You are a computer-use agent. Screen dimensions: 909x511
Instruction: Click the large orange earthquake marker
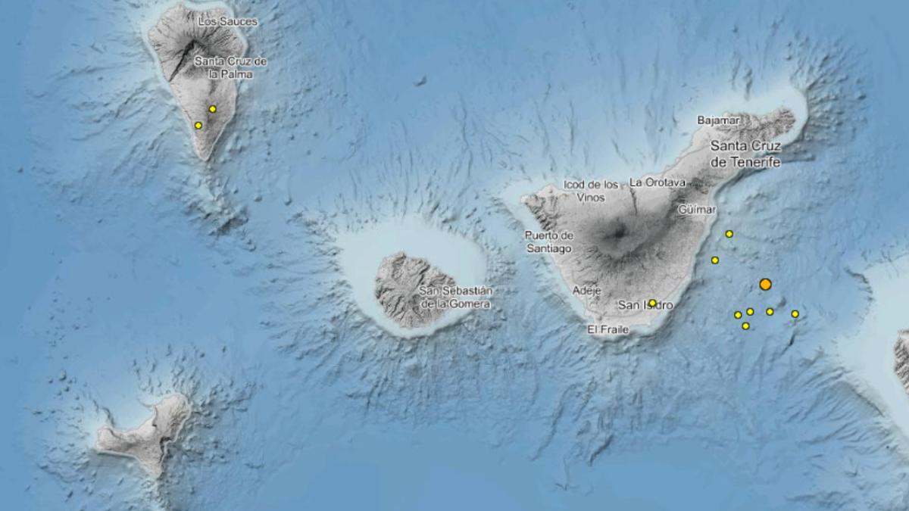pos(765,285)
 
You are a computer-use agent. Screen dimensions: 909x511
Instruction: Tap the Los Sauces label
pos(227,23)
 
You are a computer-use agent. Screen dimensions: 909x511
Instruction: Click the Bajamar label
pos(717,120)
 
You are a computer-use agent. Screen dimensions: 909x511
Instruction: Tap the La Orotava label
pos(657,182)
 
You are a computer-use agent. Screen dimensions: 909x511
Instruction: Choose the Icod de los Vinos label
pos(592,191)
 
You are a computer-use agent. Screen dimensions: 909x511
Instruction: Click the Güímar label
pos(698,207)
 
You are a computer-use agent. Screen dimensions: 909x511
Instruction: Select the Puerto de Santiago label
pos(549,241)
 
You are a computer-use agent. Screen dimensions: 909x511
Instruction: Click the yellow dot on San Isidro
pos(652,303)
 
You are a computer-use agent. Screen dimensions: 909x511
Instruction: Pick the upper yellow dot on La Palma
pos(213,109)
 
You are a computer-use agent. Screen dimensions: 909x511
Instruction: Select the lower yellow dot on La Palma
pos(198,126)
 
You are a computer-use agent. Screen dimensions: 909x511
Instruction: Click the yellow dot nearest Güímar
pos(729,234)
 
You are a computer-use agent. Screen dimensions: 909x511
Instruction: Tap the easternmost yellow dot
pos(795,313)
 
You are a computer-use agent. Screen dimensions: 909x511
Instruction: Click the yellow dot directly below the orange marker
pos(770,311)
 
